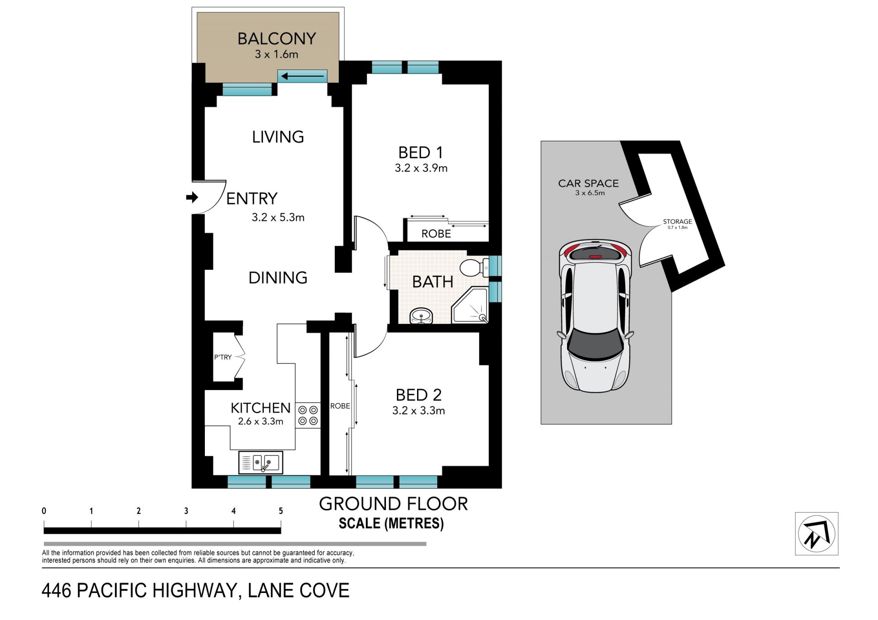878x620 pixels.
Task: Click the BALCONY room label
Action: (277, 38)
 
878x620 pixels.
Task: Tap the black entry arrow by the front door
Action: (192, 198)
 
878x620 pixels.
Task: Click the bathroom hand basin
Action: (421, 316)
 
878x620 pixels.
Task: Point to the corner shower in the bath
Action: (470, 305)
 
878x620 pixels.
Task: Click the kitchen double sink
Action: (261, 462)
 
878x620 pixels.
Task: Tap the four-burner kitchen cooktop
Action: (308, 415)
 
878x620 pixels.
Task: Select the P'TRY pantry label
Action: (223, 357)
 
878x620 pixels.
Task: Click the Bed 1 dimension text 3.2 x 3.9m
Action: (421, 168)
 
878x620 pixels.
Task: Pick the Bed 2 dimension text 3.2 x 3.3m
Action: (418, 411)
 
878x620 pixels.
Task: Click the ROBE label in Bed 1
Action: (436, 234)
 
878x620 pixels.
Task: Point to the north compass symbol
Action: (816, 534)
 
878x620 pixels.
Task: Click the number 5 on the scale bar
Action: (281, 511)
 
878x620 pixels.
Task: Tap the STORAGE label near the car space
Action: (677, 222)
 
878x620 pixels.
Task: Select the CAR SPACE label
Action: (589, 183)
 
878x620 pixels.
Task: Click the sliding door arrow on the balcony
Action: (302, 76)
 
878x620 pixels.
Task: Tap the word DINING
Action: (278, 278)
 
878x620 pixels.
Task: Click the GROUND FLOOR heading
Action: (393, 504)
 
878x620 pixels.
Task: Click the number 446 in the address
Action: (57, 590)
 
